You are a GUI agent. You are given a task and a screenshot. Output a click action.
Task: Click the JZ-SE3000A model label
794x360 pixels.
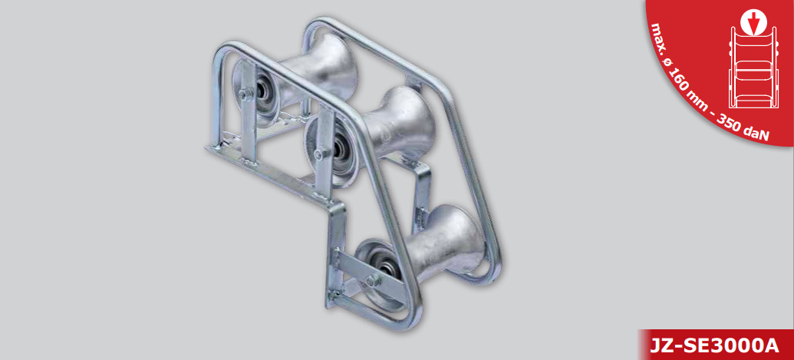click(713, 345)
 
